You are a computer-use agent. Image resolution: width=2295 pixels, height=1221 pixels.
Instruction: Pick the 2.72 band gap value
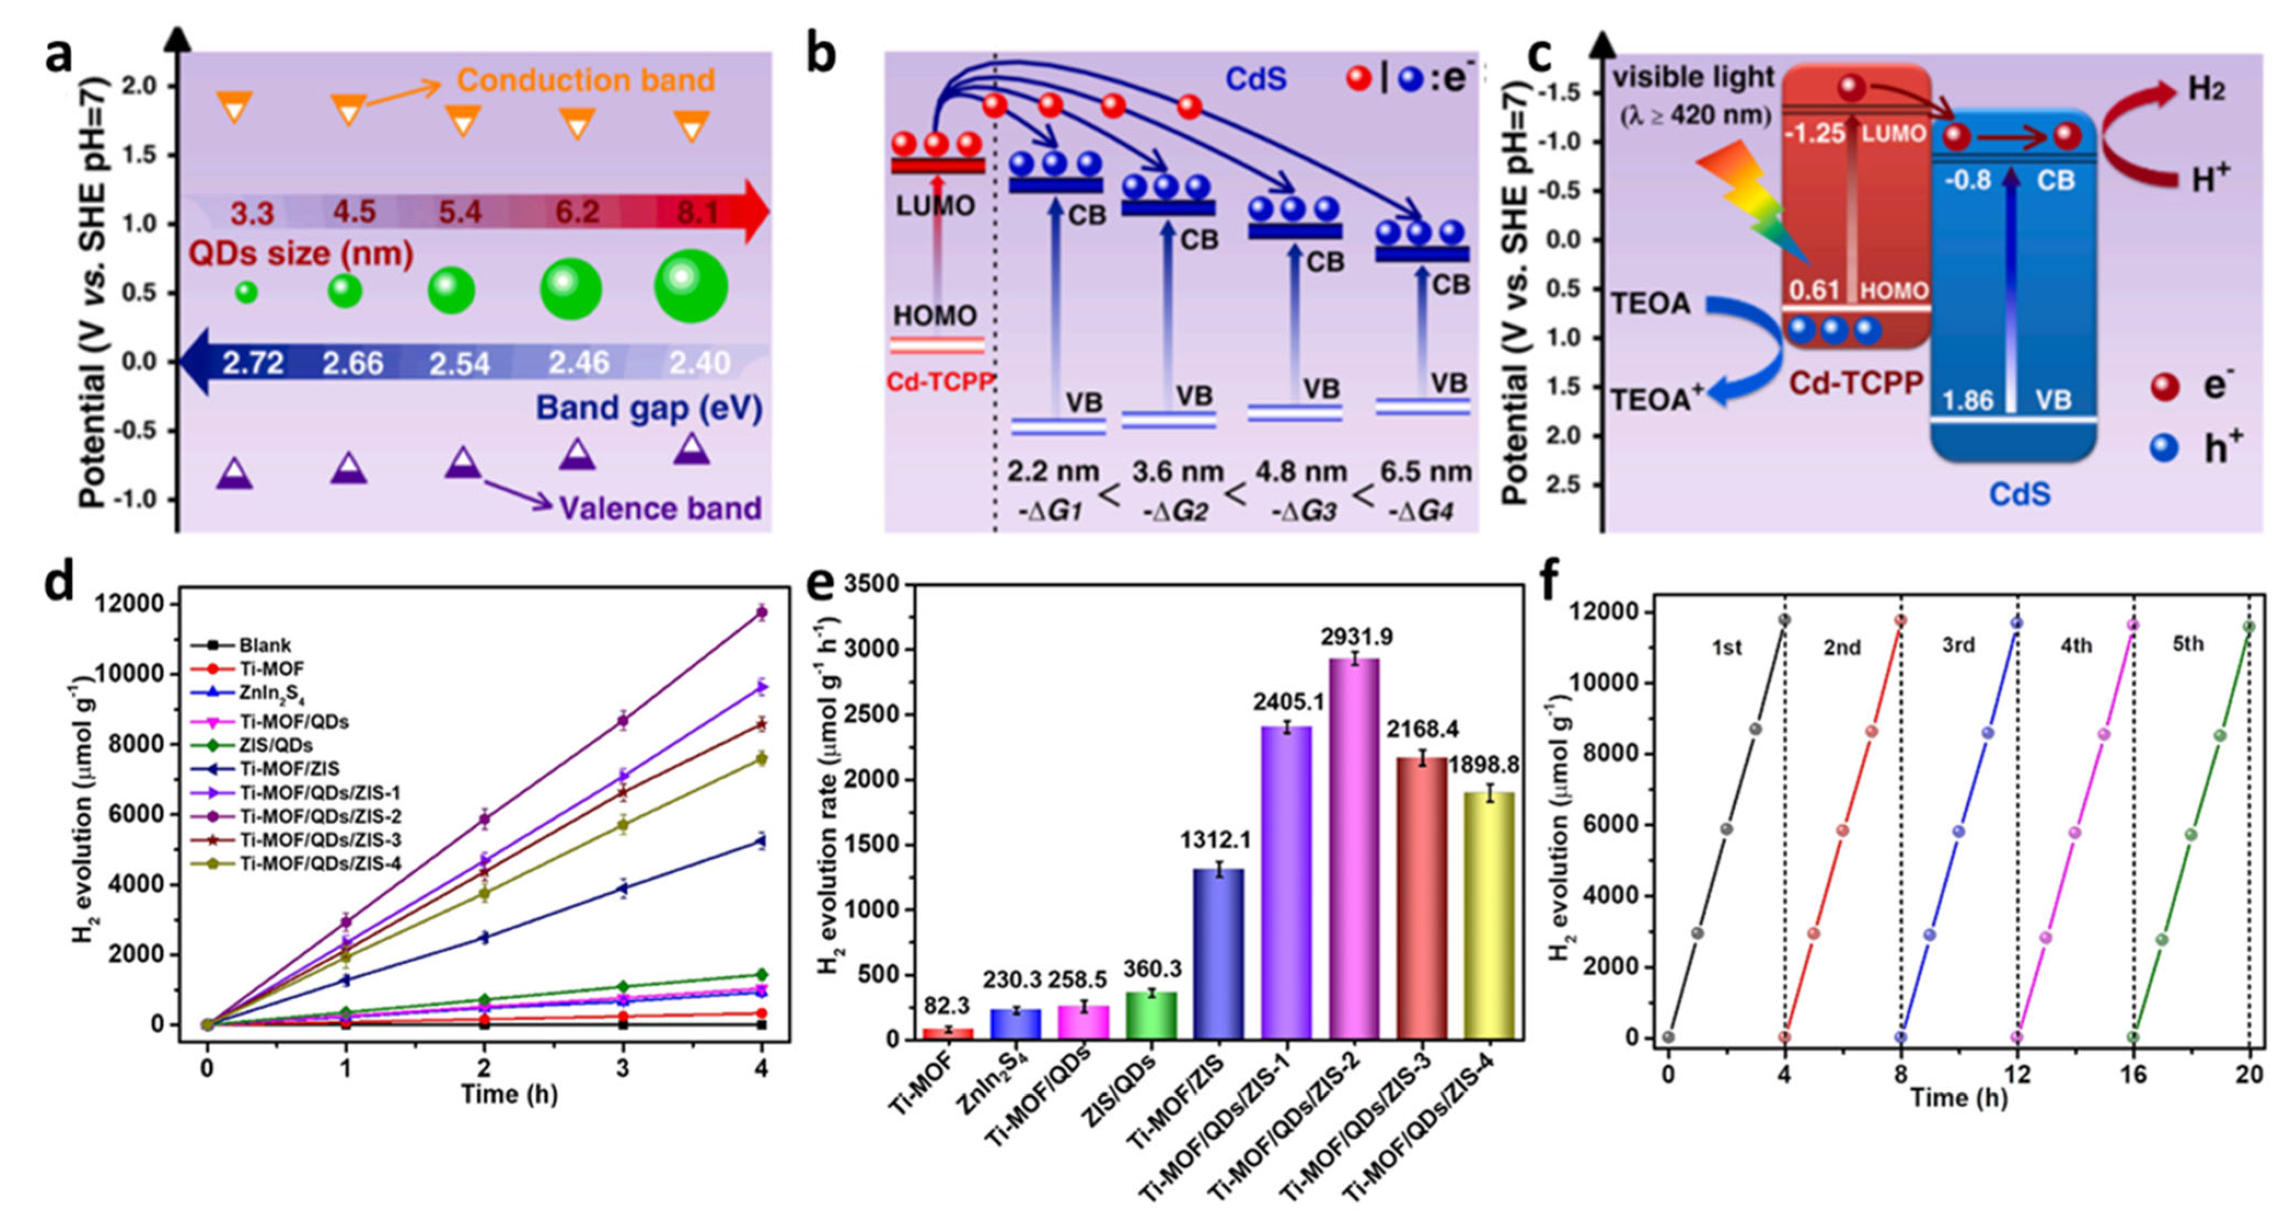pos(253,362)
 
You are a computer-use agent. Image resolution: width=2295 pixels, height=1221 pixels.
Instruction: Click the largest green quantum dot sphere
pos(691,286)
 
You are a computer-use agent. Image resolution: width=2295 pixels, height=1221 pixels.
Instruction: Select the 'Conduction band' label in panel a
pos(586,80)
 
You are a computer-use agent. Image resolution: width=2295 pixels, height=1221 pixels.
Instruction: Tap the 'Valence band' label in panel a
pos(660,508)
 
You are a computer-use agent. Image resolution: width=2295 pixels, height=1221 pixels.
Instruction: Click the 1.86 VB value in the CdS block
pos(1967,400)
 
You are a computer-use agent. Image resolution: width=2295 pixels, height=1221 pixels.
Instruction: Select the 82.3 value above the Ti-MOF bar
pos(947,1005)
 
